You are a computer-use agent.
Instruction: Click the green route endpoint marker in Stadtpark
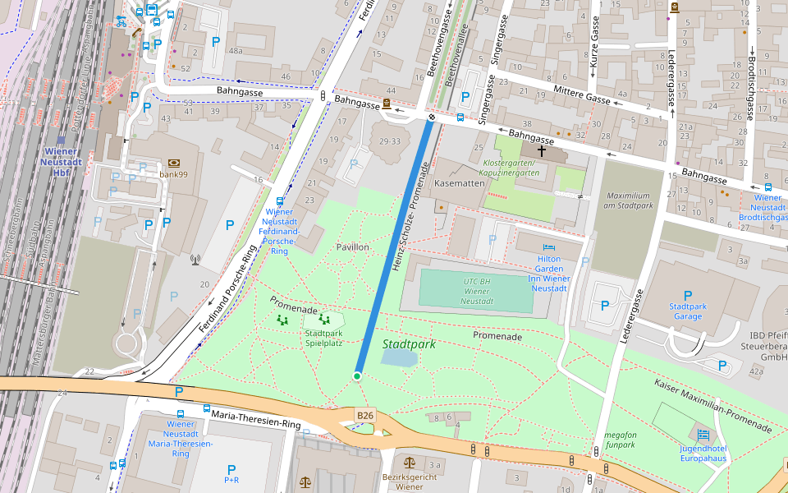[357, 376]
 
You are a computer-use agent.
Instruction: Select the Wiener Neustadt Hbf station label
[60, 162]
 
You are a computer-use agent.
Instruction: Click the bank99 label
[174, 174]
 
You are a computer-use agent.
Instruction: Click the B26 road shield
[365, 416]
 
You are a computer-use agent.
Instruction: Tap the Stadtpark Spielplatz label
[323, 339]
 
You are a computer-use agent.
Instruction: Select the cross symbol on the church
[542, 151]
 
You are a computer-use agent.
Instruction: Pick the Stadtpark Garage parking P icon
[687, 296]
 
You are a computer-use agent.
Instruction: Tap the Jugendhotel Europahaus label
[703, 454]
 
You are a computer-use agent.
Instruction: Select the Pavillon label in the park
[353, 246]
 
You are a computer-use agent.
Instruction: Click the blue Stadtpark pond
[399, 357]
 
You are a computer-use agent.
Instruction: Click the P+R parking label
[231, 479]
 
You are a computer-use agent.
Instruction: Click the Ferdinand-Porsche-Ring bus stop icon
[280, 200]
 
